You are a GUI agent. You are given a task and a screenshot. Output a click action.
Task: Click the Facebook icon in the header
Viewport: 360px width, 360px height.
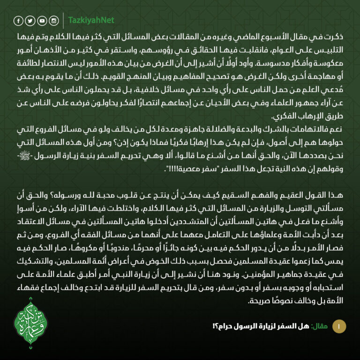point(18,21)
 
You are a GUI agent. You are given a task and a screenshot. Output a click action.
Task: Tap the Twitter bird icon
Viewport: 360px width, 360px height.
point(30,21)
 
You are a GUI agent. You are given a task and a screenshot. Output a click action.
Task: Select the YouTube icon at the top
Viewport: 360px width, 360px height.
point(42,21)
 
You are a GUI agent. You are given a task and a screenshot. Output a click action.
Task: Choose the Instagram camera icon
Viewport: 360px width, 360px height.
point(53,21)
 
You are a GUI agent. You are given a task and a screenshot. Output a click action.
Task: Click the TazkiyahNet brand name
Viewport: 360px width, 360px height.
point(91,21)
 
